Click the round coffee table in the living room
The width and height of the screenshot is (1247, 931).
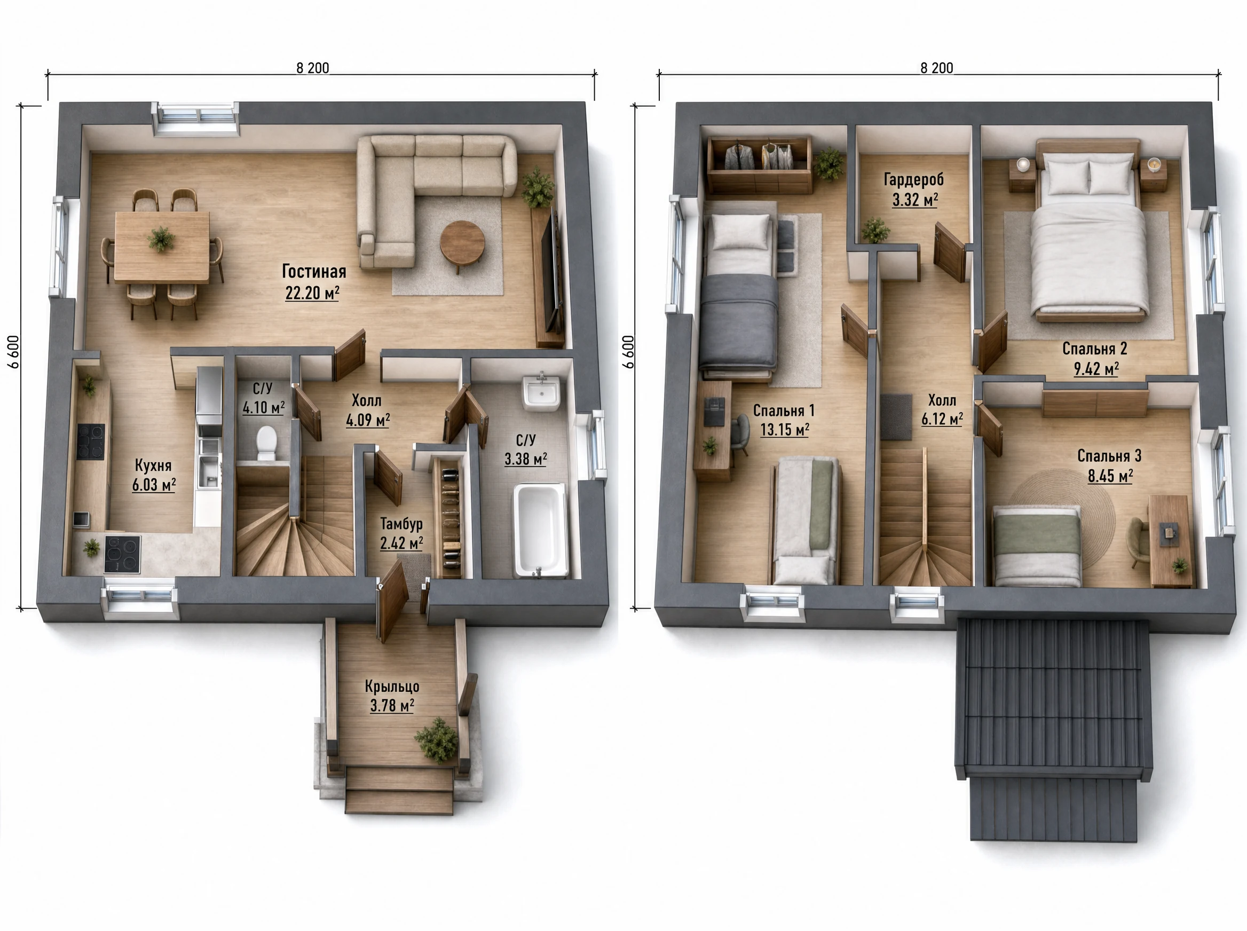point(462,243)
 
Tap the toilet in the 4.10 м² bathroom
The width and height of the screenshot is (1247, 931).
point(266,443)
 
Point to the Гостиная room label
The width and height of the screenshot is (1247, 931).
point(314,272)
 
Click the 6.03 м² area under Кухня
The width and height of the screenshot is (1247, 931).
point(154,485)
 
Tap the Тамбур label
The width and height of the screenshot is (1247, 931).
point(401,524)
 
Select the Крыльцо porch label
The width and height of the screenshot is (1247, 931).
point(392,687)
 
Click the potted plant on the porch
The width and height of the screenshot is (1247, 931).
point(437,739)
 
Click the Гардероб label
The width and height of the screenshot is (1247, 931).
point(914,180)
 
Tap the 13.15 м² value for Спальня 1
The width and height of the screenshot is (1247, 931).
point(784,430)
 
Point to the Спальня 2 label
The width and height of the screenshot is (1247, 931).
point(1095,349)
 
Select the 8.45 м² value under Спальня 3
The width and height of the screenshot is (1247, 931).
point(1110,476)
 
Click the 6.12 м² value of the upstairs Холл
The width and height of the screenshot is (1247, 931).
point(942,419)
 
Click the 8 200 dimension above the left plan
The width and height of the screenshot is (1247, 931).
point(313,68)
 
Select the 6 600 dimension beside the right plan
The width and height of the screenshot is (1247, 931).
point(628,352)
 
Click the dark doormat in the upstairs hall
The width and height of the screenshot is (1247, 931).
point(896,417)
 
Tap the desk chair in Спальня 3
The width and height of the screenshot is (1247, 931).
point(1138,541)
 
